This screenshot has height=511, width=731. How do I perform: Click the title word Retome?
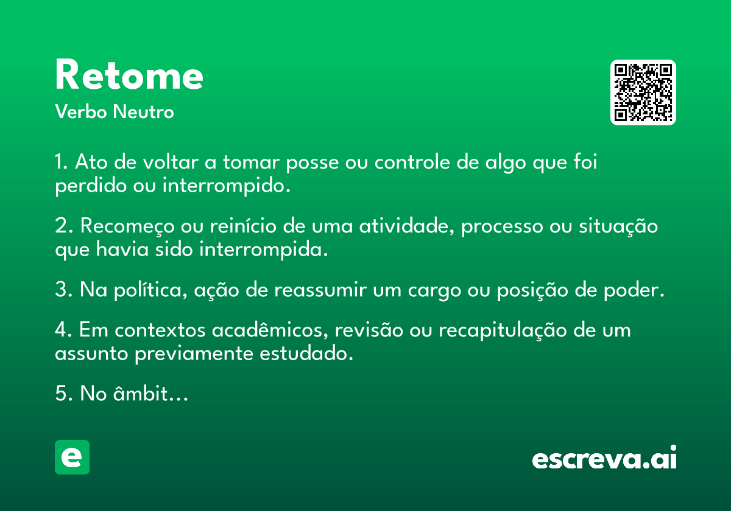pos(129,75)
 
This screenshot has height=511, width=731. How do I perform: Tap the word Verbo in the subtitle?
pos(81,112)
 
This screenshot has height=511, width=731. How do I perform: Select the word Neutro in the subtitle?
pos(144,112)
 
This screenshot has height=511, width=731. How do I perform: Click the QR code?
pos(643,92)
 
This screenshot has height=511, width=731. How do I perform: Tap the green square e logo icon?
pos(72,457)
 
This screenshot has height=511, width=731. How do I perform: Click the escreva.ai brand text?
pos(604,457)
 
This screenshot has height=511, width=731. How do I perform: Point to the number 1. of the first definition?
pos(61,162)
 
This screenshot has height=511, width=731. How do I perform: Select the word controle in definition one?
pos(412,162)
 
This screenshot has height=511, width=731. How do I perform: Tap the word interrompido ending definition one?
pos(226,186)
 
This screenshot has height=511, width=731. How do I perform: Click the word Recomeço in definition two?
pos(127,226)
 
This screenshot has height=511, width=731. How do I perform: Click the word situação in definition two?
pos(618,226)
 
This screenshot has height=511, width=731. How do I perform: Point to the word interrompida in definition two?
pos(264,249)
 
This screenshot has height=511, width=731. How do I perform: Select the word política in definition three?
pos(150,290)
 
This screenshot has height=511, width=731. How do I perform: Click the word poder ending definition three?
pos(634,290)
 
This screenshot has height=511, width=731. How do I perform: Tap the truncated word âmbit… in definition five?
pos(151,393)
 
